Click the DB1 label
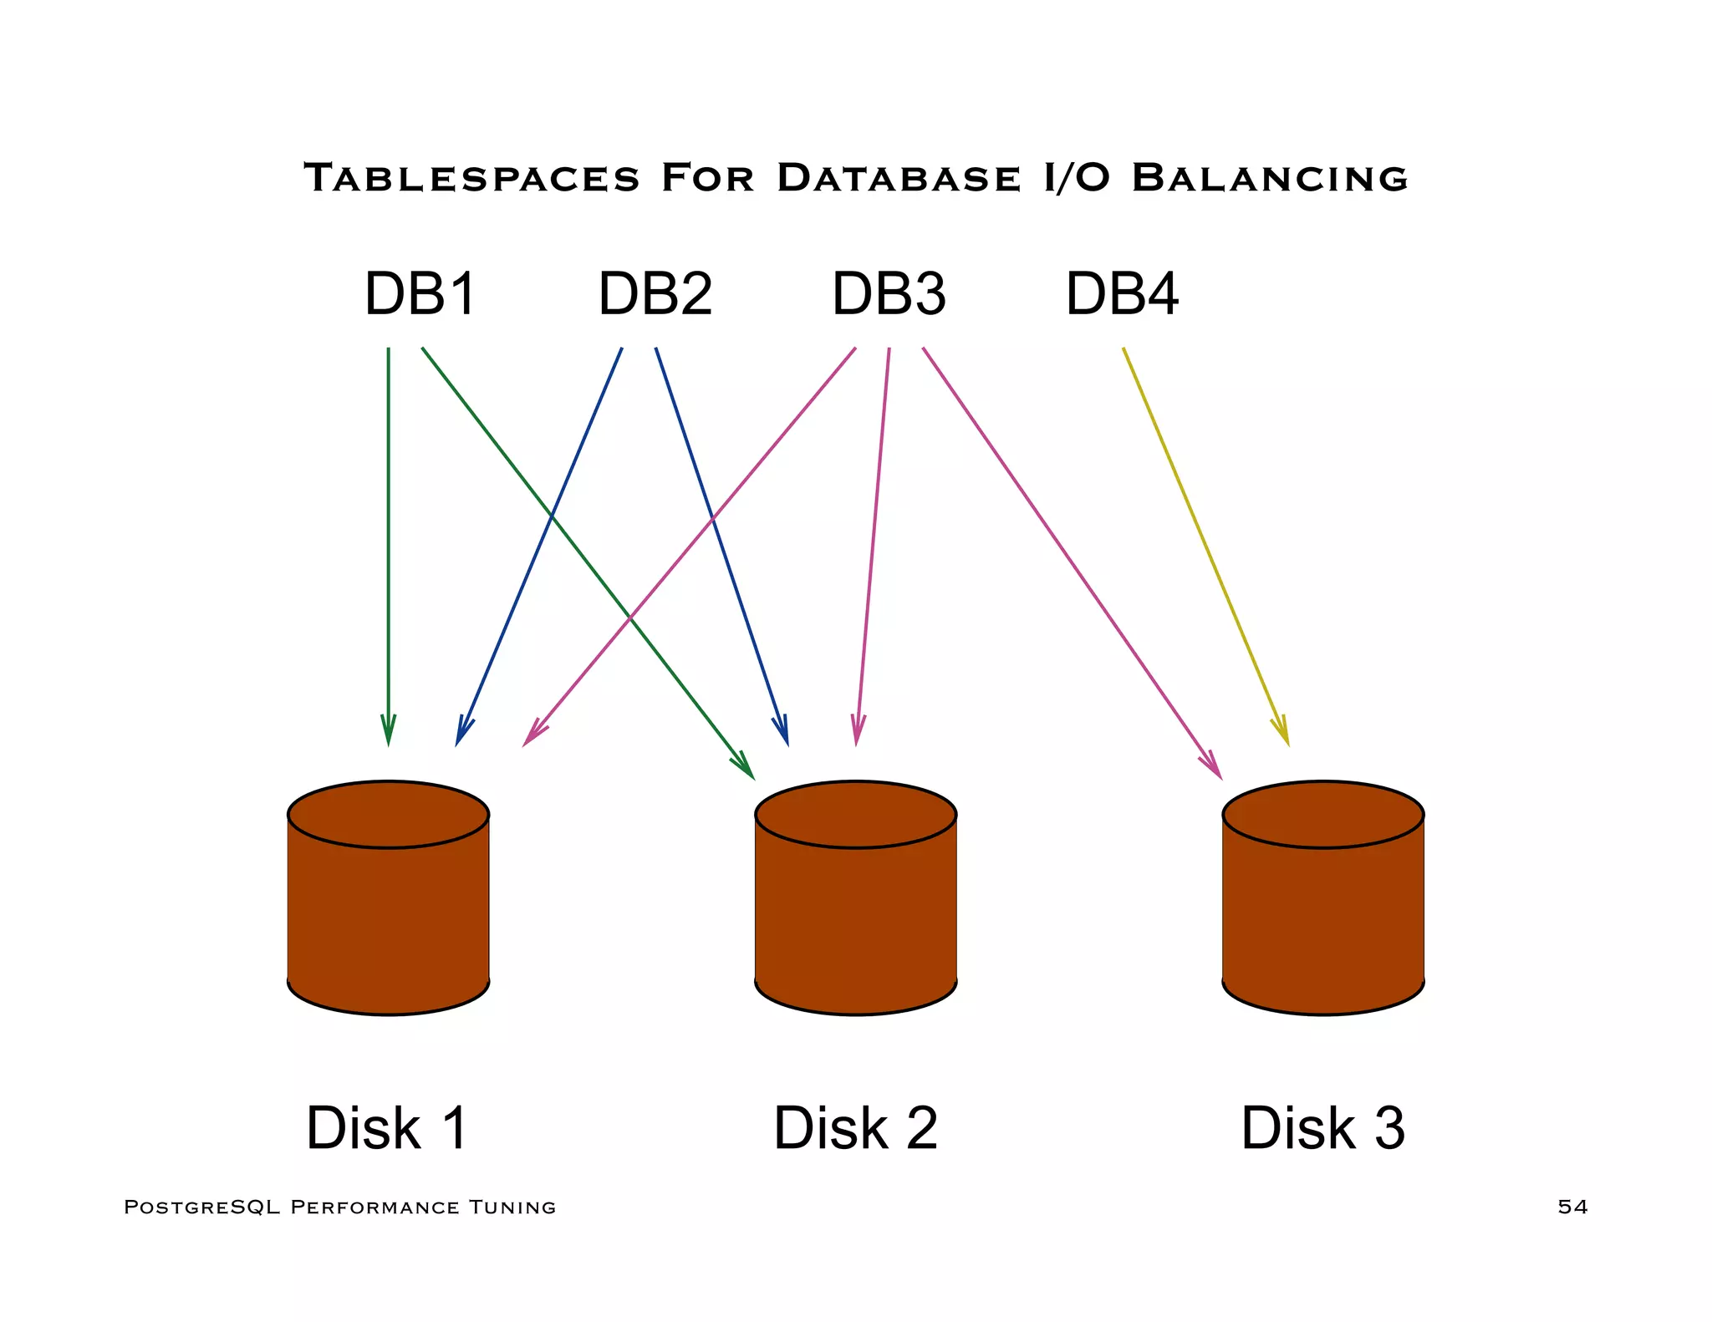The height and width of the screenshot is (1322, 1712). [420, 294]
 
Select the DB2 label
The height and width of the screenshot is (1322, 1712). [655, 294]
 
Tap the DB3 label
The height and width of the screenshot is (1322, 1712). [889, 294]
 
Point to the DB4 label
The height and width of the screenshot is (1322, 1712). [1122, 294]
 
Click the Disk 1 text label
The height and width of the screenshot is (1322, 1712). [386, 1128]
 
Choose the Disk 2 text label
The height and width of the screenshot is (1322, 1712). [855, 1128]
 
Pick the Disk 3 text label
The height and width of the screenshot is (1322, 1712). [1322, 1128]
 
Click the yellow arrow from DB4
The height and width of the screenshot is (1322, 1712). [1204, 543]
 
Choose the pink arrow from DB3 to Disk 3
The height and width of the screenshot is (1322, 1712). [1070, 560]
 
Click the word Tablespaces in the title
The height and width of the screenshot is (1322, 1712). [471, 178]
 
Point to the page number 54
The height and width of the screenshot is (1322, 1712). [1572, 1207]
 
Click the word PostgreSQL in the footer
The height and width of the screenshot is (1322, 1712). [201, 1207]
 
